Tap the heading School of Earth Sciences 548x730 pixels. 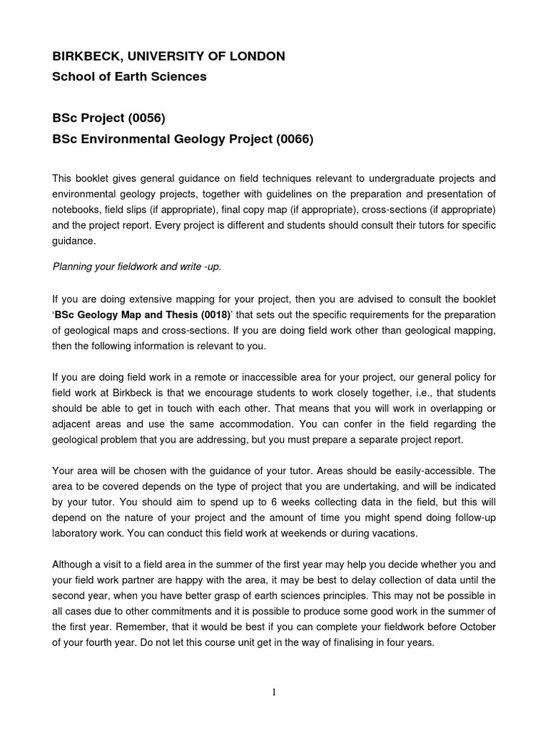(129, 77)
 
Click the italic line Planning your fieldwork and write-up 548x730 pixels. (137, 267)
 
